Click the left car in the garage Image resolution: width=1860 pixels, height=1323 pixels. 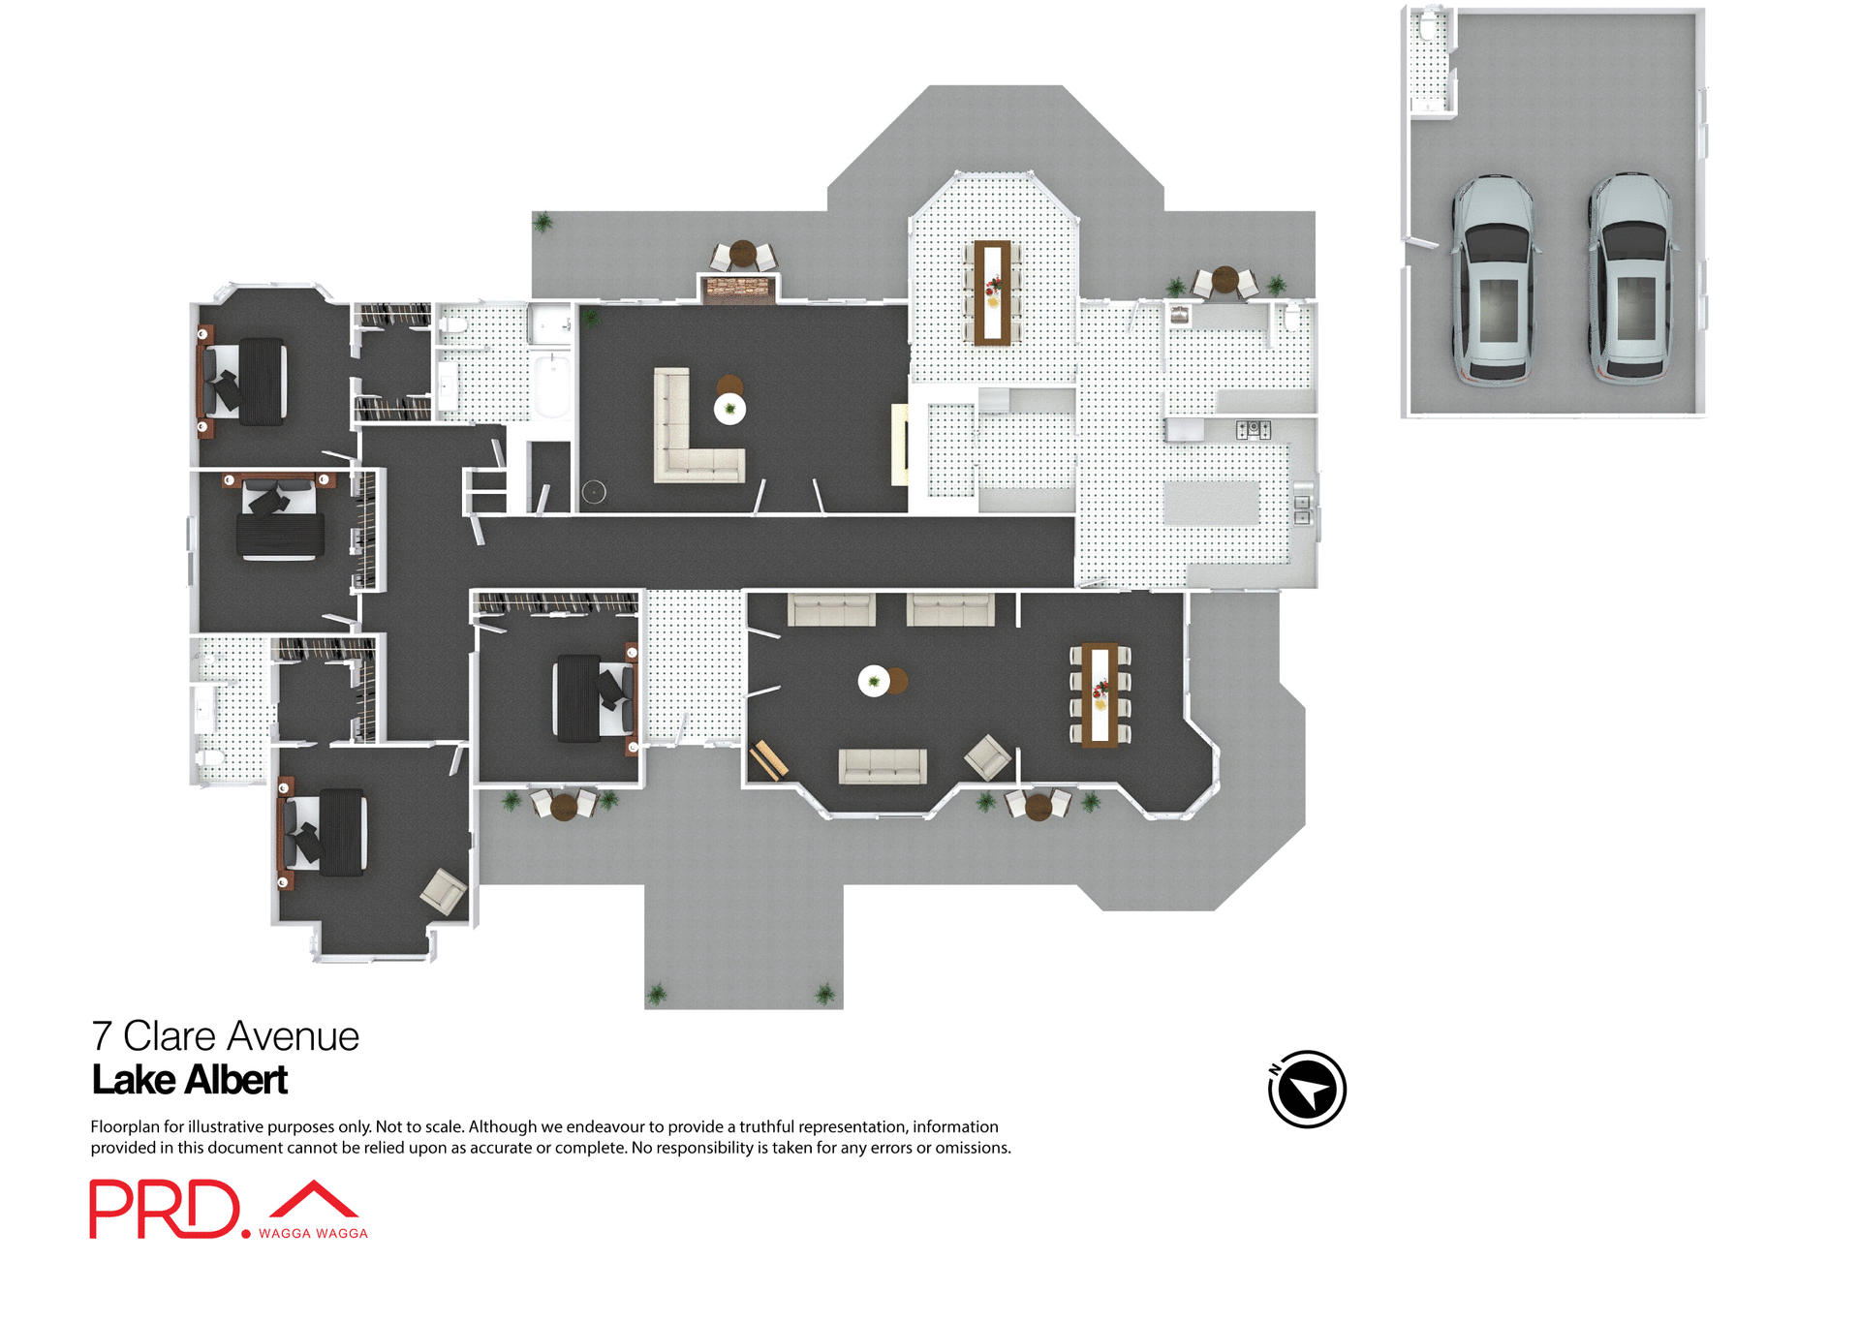(1493, 279)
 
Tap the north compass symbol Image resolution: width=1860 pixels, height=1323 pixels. (1307, 1090)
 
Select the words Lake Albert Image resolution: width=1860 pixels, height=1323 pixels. (190, 1081)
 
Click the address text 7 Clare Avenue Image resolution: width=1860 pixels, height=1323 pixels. (225, 1036)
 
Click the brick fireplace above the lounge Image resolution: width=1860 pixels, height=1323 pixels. (738, 289)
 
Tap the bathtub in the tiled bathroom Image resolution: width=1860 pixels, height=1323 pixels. (552, 385)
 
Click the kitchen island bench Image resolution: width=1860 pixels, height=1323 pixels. (1211, 503)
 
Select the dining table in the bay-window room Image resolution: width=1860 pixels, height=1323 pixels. (992, 292)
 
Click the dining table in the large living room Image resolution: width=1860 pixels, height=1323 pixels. (1100, 694)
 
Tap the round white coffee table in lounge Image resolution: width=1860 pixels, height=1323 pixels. (729, 409)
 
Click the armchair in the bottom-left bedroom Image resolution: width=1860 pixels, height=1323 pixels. (443, 891)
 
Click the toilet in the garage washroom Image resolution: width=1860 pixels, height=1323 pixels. (1428, 29)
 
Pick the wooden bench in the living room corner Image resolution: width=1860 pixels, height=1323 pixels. (768, 760)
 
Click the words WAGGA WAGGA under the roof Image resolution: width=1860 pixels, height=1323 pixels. (313, 1234)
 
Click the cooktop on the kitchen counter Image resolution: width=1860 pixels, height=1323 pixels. (1253, 429)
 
